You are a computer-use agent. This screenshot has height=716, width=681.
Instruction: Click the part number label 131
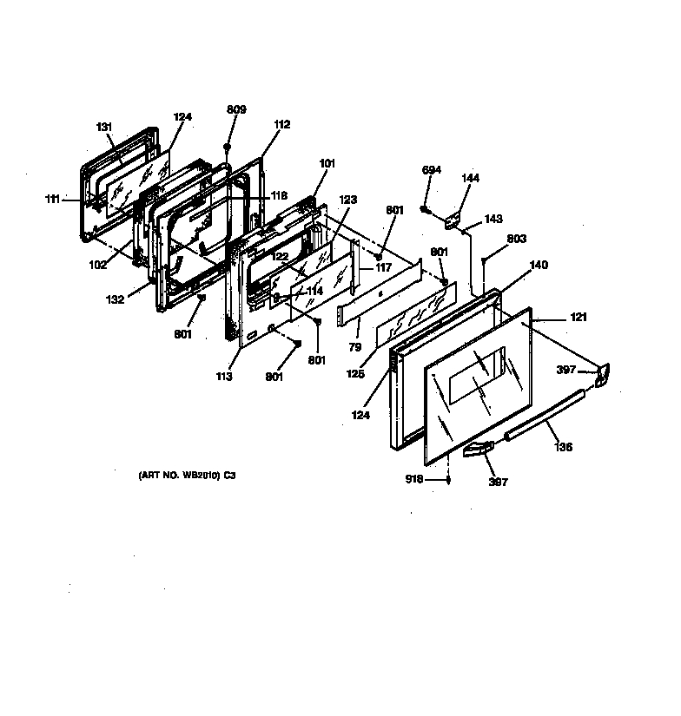point(104,128)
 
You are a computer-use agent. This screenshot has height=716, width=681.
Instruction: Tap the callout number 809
point(236,109)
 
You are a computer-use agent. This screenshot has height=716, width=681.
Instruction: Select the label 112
point(281,124)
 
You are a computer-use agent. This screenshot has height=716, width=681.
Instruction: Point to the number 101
point(327,163)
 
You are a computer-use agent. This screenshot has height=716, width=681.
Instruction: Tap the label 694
point(432,170)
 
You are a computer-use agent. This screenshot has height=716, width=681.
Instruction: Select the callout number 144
point(470,179)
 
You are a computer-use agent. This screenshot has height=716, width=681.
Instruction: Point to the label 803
point(517,239)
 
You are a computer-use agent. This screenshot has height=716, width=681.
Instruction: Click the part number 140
point(539,266)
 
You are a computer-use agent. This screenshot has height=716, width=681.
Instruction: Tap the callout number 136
point(564,449)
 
